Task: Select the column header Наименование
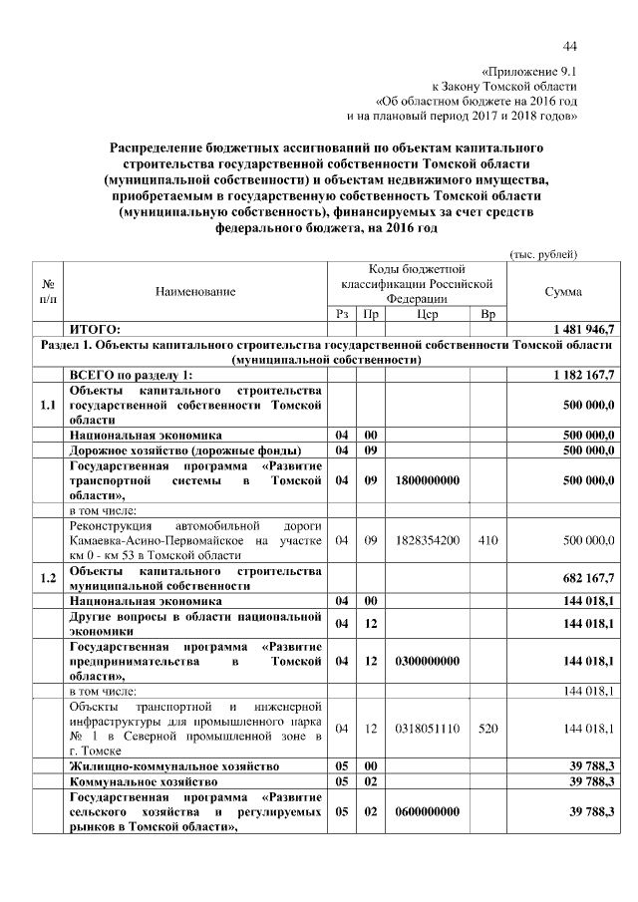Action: coord(195,291)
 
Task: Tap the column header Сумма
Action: coord(563,291)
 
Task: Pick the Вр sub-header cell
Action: coord(487,314)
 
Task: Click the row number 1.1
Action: coord(48,406)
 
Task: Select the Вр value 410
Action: coord(487,539)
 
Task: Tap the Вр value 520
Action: coord(487,729)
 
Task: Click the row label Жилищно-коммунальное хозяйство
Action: coord(172,765)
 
